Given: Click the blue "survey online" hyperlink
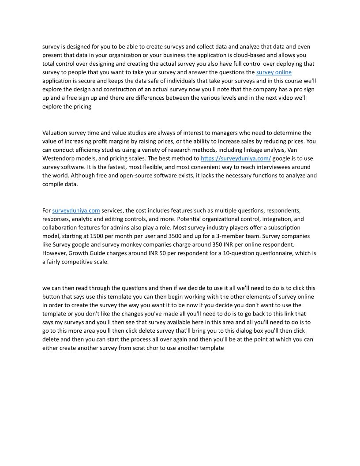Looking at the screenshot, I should pos(274,72).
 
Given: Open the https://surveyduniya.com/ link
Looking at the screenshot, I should pos(236,158).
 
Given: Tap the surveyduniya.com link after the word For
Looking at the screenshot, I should pos(76,210).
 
